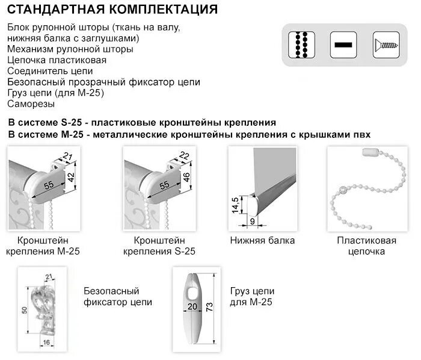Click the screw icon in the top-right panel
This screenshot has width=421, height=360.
click(x=386, y=45)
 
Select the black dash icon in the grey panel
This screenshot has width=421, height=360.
click(x=344, y=45)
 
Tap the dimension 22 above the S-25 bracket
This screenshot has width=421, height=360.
click(x=185, y=156)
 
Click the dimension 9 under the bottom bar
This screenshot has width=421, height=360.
click(x=252, y=221)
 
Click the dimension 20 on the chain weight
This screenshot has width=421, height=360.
click(x=192, y=306)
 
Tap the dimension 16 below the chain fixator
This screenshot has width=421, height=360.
click(x=46, y=342)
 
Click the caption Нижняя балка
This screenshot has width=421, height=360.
click(x=262, y=241)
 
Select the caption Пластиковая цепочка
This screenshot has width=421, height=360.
click(x=366, y=246)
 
